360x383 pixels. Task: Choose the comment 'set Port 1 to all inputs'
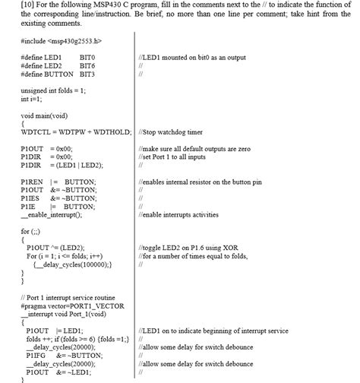pyautogui.click(x=182, y=157)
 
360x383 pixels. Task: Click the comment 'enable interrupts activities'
pyautogui.click(x=188, y=215)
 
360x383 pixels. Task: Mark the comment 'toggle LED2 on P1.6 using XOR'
pyautogui.click(x=195, y=248)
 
